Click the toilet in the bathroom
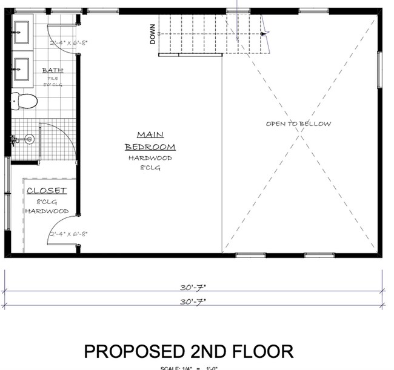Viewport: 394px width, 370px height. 24,101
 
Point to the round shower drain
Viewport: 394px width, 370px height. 28,139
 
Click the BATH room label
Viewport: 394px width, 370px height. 52,70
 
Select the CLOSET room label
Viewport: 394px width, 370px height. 47,191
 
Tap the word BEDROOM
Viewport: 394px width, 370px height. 150,147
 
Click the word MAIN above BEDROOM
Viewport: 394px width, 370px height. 150,134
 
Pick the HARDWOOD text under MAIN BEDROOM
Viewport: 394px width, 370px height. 150,158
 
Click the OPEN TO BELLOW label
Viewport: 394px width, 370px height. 298,124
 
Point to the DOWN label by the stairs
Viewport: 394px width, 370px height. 153,37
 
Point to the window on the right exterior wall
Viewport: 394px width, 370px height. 379,69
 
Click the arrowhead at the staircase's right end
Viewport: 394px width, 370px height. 262,34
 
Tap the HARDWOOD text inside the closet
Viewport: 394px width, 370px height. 47,211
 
